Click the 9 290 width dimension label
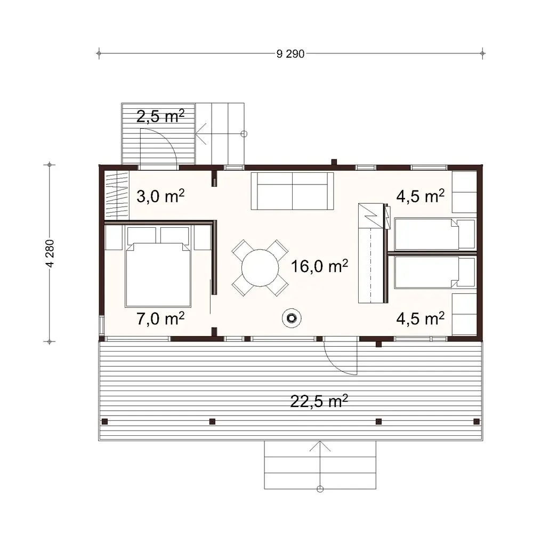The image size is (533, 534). click(x=290, y=53)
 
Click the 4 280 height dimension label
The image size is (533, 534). click(x=50, y=253)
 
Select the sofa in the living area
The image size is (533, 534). click(x=292, y=191)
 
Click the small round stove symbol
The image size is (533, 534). click(x=291, y=318)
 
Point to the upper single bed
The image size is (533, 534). click(x=429, y=234)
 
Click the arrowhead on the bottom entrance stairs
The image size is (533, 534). click(x=320, y=444)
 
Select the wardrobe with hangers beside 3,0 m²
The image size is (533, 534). click(x=116, y=195)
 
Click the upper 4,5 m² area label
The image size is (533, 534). click(x=421, y=197)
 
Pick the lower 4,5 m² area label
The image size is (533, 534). click(x=421, y=319)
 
